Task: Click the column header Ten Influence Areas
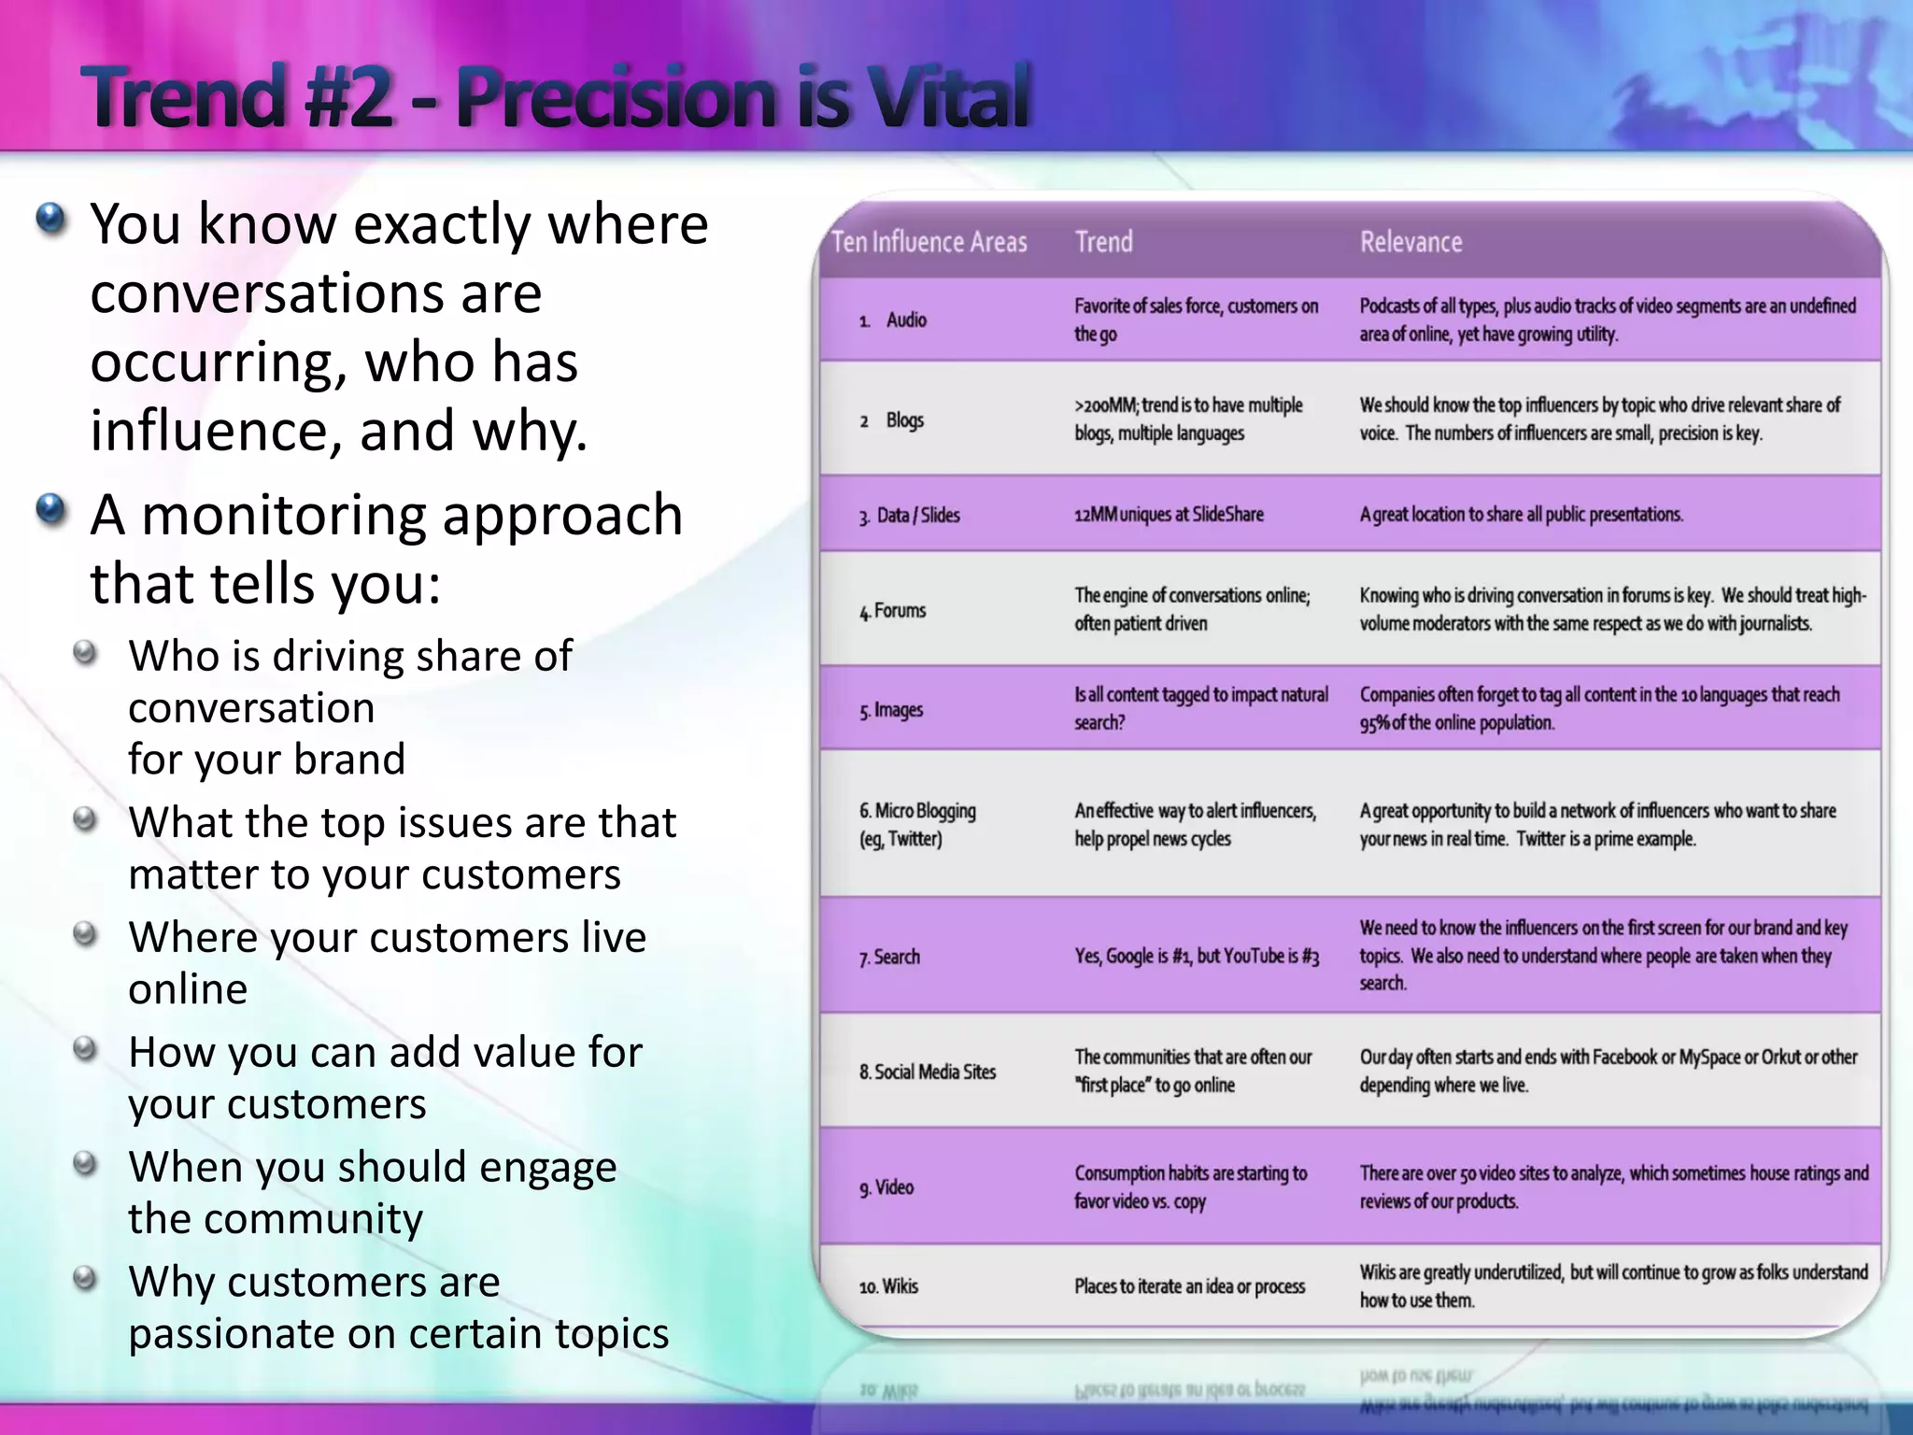(x=928, y=243)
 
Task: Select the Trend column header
(x=1103, y=243)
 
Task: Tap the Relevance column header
(x=1410, y=243)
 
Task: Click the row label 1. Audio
(x=894, y=320)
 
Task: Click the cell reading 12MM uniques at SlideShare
(x=1169, y=515)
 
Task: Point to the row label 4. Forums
(x=893, y=611)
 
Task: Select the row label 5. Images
(x=892, y=710)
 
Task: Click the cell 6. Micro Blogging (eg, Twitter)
(x=917, y=824)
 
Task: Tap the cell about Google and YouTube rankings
(x=1197, y=956)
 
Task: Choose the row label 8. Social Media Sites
(x=928, y=1072)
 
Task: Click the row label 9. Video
(x=887, y=1187)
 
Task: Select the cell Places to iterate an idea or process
(x=1189, y=1286)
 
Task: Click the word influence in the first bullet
(x=217, y=431)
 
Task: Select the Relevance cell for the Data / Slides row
(x=1521, y=515)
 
